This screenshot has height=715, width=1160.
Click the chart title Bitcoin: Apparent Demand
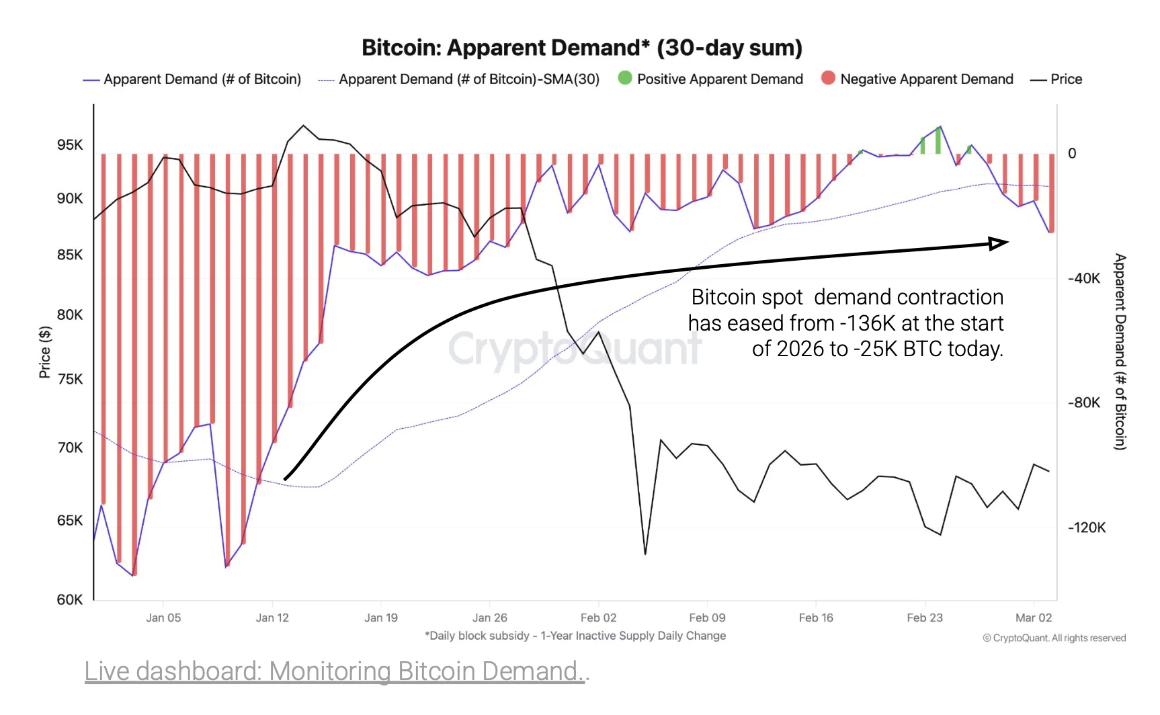(x=581, y=48)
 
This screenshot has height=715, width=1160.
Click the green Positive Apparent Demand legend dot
(x=625, y=78)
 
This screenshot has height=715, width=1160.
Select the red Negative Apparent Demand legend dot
(x=828, y=78)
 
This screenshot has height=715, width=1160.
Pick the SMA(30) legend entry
(x=468, y=79)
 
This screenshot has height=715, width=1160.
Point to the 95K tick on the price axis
(x=70, y=145)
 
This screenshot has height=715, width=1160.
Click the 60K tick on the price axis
(x=70, y=599)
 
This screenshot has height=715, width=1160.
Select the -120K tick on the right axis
(x=1087, y=528)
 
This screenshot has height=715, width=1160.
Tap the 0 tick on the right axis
(x=1072, y=153)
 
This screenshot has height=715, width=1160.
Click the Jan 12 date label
(x=272, y=618)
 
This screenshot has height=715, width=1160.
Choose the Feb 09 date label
(x=707, y=618)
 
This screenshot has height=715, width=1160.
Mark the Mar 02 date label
(x=1033, y=618)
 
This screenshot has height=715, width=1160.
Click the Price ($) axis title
(x=45, y=352)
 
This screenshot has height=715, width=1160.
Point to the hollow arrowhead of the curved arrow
(x=999, y=243)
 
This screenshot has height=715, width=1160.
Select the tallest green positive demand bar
(x=938, y=140)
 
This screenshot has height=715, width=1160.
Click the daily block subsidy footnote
(x=575, y=636)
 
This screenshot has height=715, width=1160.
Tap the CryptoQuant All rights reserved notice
(x=1054, y=638)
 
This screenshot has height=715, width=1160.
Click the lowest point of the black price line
(x=645, y=554)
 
